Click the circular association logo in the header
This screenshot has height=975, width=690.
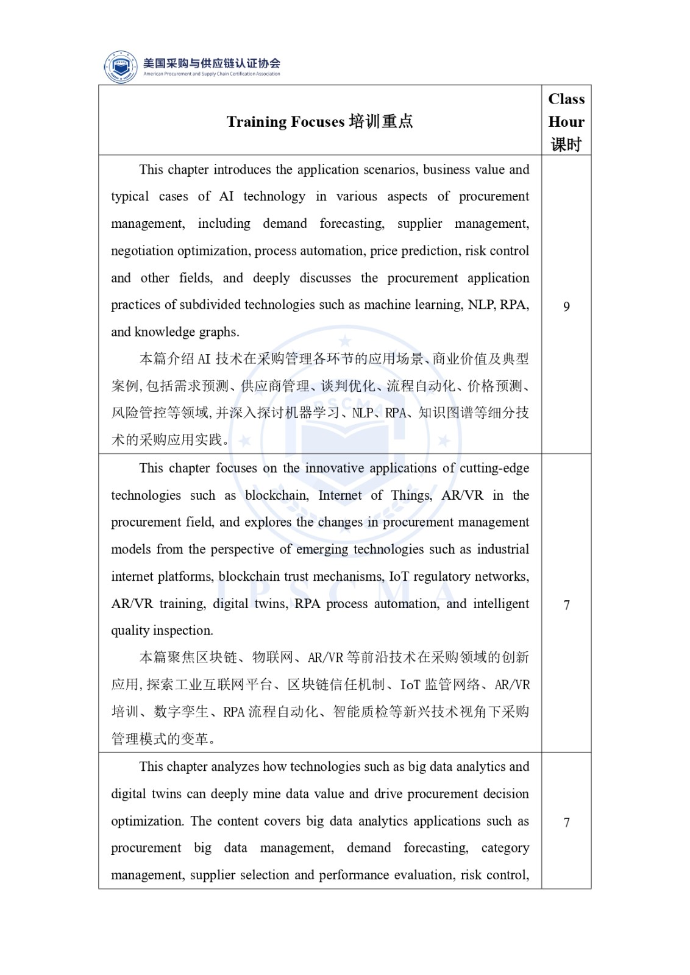(121, 66)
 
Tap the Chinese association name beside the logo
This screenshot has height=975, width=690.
(212, 63)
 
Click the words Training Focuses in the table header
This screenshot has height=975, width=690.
(285, 122)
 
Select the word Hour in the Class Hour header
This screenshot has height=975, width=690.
(566, 122)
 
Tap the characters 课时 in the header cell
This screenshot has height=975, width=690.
(566, 144)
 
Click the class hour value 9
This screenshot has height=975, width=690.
(566, 307)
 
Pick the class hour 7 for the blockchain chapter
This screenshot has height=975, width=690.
(566, 605)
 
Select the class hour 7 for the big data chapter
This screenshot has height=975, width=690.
(566, 823)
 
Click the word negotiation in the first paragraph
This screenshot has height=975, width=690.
(142, 251)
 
